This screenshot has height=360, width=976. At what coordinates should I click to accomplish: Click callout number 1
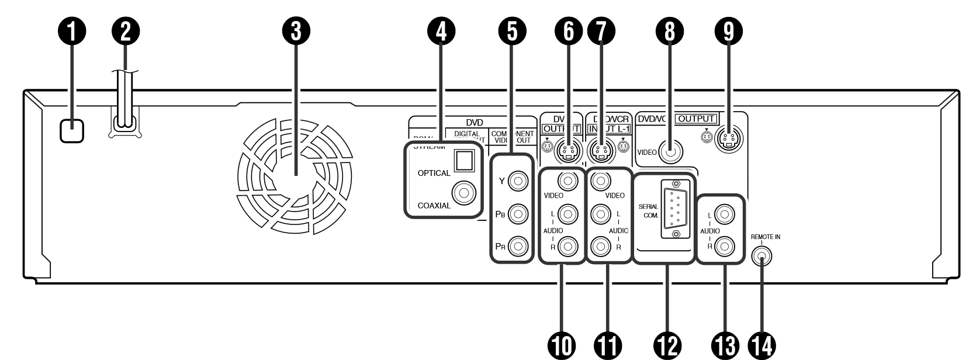pyautogui.click(x=72, y=33)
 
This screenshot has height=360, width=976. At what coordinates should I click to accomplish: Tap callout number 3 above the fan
pyautogui.click(x=296, y=33)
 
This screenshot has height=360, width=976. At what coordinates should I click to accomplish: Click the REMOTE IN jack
pyautogui.click(x=762, y=256)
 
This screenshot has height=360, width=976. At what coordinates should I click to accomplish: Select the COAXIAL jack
pyautogui.click(x=465, y=192)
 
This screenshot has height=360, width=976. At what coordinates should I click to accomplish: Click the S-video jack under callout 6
pyautogui.click(x=566, y=151)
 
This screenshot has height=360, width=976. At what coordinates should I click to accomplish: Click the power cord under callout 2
pyautogui.click(x=124, y=99)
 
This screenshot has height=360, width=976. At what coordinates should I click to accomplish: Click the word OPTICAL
pyautogui.click(x=434, y=173)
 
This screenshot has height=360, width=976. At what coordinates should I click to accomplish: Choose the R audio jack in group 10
pyautogui.click(x=566, y=247)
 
